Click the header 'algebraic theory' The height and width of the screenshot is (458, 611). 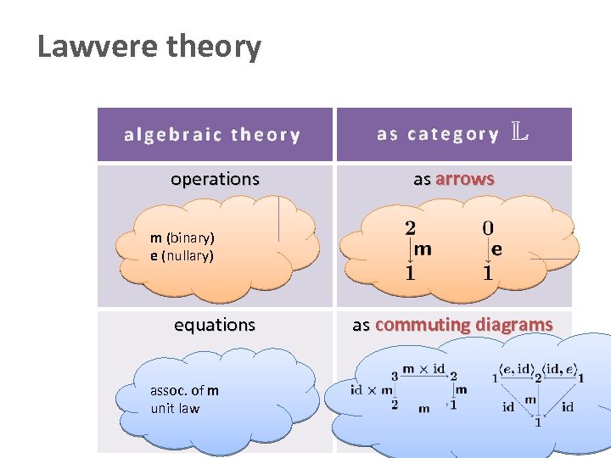[212, 135]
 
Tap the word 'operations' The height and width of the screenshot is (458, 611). [215, 179]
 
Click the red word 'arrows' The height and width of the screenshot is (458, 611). [465, 179]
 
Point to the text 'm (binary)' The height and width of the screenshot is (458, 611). [182, 237]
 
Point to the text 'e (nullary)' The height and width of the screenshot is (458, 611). [182, 255]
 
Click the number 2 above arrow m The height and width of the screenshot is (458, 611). [410, 227]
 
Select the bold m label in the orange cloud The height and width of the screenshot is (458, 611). [423, 249]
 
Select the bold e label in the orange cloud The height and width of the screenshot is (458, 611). [497, 249]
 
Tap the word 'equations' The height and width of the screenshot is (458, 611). [215, 325]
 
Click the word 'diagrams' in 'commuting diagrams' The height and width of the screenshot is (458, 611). [513, 325]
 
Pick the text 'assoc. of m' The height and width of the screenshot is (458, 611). [184, 390]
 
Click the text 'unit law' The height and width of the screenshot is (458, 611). [175, 408]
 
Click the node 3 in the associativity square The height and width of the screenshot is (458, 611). [395, 376]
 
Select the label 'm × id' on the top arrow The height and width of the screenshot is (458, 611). [423, 369]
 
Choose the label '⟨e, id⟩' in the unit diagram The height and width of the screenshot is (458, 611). [516, 368]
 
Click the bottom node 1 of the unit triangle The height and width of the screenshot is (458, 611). [537, 422]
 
